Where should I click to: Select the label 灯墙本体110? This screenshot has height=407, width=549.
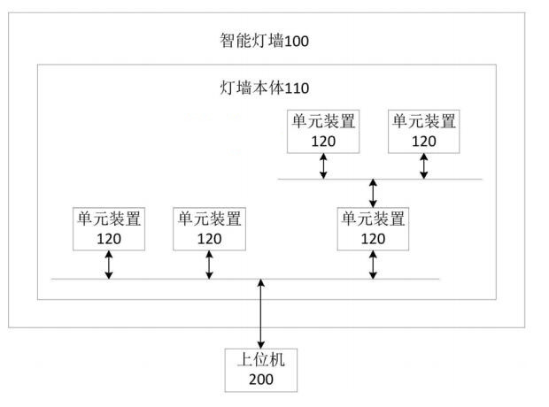point(264,88)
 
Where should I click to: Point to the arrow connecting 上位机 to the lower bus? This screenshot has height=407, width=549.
point(261,312)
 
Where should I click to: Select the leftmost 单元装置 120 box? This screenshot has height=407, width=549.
point(109,227)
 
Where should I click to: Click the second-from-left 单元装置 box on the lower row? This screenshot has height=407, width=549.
point(209,227)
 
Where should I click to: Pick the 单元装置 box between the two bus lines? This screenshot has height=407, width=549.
point(373,227)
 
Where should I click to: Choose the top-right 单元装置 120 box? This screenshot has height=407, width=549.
point(424,130)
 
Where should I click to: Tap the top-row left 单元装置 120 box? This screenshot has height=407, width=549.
point(323,130)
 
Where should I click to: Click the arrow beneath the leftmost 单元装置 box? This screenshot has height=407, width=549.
point(109,264)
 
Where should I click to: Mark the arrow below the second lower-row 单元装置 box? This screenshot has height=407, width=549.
point(209,264)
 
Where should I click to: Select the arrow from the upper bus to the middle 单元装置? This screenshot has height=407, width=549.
point(373,192)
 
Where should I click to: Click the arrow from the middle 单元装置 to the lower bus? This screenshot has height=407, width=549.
point(373,264)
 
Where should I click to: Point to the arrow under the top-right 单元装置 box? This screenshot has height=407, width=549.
point(424,165)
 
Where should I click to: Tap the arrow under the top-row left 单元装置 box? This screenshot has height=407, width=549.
point(323,165)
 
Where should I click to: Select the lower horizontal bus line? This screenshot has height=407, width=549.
point(159,279)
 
